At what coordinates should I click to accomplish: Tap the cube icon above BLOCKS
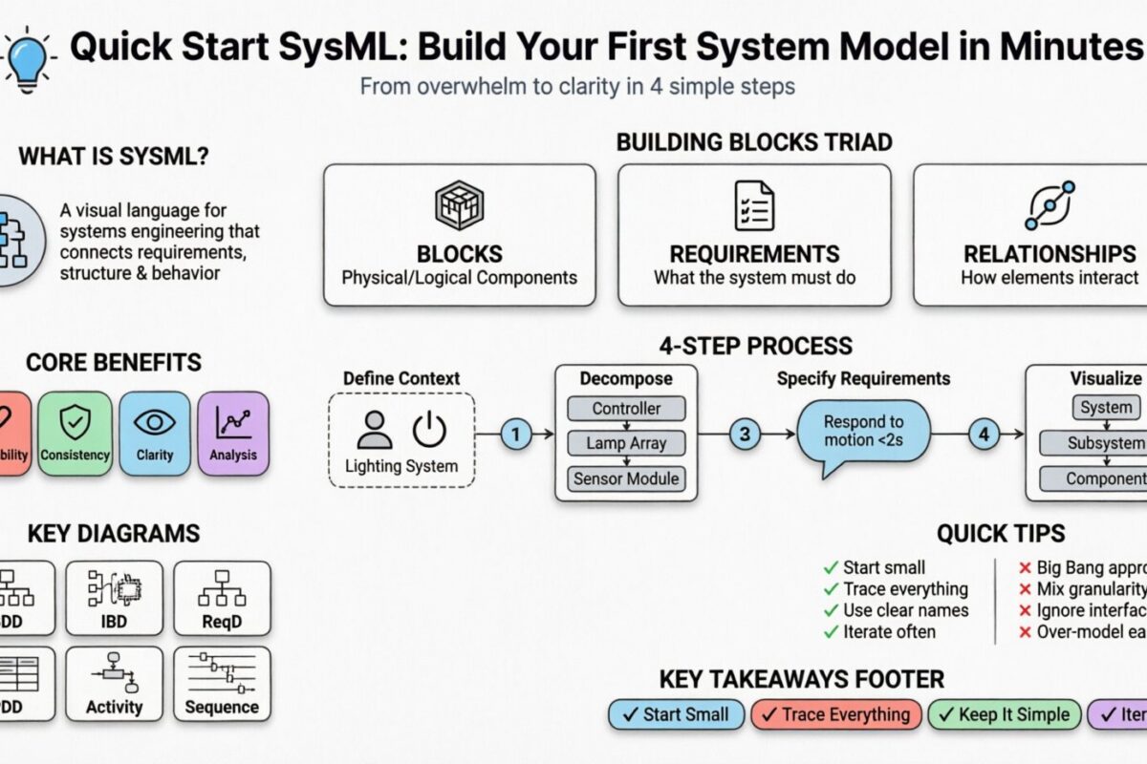click(459, 205)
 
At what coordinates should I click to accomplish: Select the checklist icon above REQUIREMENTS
click(754, 205)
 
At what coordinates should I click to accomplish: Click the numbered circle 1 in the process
click(515, 435)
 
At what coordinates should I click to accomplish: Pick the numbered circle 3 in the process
click(745, 435)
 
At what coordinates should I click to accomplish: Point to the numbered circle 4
click(984, 435)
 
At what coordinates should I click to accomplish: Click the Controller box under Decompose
click(626, 409)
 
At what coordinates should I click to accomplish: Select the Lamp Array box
click(626, 443)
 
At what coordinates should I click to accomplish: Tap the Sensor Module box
click(626, 478)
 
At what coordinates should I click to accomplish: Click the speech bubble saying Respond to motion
click(862, 432)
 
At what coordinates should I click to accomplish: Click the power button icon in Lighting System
click(429, 431)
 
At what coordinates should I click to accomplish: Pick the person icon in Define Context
click(374, 431)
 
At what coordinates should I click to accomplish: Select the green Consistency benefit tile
click(75, 434)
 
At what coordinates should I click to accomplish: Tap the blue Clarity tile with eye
click(155, 434)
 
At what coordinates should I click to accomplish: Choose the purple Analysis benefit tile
click(233, 434)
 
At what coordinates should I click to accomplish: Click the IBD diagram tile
click(115, 599)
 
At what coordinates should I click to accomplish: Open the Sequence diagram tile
click(222, 683)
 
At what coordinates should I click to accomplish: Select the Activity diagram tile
click(115, 683)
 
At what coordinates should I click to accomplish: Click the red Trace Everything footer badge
click(836, 714)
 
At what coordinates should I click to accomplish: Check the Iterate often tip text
click(889, 632)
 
